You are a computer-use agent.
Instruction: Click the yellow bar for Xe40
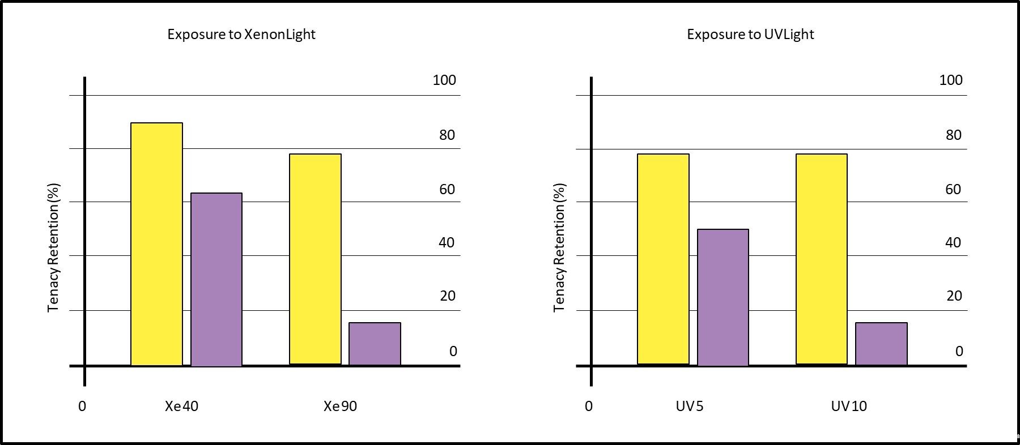tap(156, 244)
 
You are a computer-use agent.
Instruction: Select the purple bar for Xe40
tap(216, 280)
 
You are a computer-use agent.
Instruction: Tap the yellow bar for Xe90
tap(315, 259)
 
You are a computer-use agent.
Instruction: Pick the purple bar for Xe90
tap(375, 344)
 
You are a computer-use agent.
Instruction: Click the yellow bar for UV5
tap(663, 259)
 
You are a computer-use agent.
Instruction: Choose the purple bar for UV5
tap(722, 297)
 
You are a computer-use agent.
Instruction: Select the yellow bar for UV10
tap(821, 259)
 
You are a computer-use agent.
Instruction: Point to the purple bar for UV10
tap(881, 344)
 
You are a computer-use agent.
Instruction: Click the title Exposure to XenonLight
tap(241, 35)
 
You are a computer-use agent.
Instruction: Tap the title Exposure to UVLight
tap(750, 35)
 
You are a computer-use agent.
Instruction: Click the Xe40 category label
tap(181, 407)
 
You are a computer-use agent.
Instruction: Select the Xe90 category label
tap(340, 407)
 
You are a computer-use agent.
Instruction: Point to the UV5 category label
tap(689, 407)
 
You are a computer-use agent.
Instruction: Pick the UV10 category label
tap(848, 407)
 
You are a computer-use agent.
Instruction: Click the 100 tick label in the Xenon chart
tap(444, 80)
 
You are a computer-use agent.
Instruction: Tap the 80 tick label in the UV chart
tap(954, 135)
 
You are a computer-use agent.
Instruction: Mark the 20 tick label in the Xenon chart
tap(447, 296)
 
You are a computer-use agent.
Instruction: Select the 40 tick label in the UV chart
tap(953, 243)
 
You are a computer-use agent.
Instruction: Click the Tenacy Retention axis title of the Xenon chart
tap(53, 247)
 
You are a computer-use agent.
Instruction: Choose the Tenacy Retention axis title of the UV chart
tap(559, 247)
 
